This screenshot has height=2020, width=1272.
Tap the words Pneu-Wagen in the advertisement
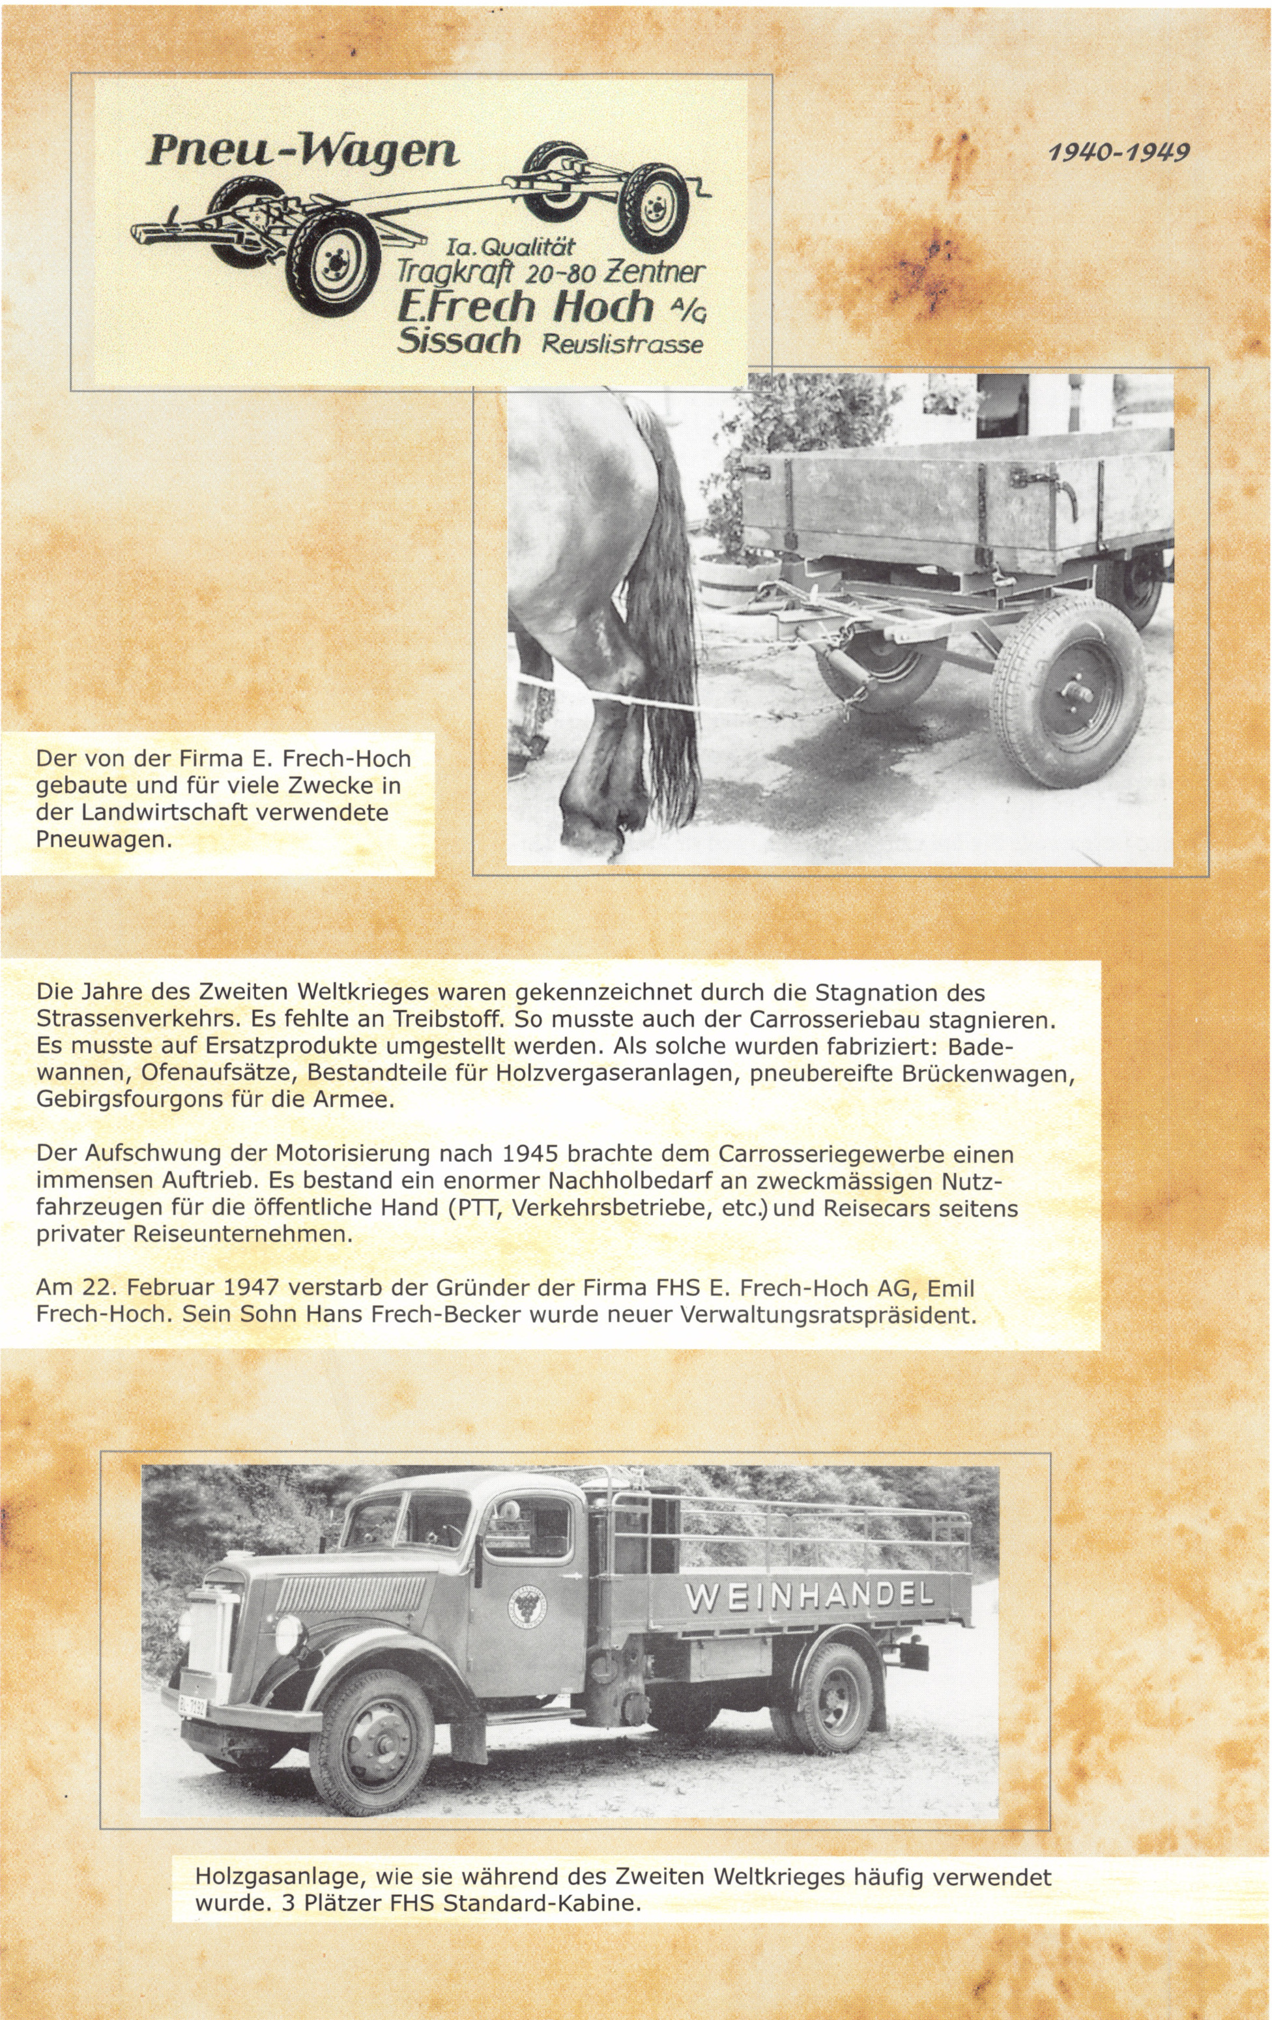(x=303, y=152)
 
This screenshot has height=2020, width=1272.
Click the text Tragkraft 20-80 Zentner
(x=551, y=272)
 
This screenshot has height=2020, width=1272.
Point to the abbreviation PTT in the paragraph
(x=474, y=1209)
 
